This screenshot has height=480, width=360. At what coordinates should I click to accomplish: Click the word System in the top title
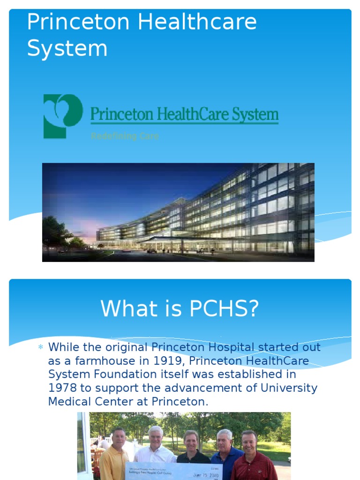coord(67,48)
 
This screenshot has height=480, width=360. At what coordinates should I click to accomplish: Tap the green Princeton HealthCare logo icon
coord(63,116)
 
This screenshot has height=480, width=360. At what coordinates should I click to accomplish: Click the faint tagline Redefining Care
coord(125,136)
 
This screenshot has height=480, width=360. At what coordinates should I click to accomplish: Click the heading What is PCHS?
coord(180,309)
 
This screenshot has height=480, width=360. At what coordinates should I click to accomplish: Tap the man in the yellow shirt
coord(114,455)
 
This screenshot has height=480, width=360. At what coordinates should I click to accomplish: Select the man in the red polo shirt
coord(253,457)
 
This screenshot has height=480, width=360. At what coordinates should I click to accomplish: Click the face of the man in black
coord(191,441)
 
